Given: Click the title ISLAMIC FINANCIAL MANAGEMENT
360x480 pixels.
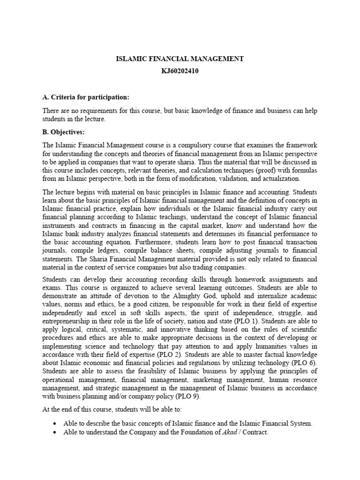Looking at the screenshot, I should [180, 59].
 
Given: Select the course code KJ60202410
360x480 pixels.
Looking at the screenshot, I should [180, 71].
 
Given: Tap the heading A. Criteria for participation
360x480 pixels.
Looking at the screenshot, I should [85, 97].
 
